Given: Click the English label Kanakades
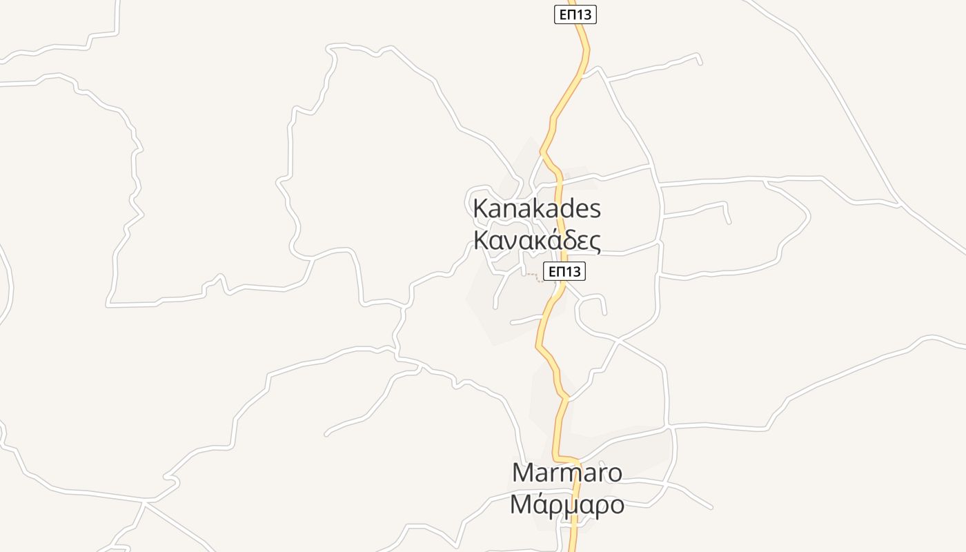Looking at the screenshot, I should coord(537,208).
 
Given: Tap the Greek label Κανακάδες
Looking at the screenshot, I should coord(537,240).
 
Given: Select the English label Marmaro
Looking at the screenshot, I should coord(567,473).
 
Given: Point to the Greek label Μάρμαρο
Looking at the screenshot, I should coord(567,505).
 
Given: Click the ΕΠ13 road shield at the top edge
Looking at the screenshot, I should coord(575,14).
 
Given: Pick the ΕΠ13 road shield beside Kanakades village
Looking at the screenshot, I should coord(564,272).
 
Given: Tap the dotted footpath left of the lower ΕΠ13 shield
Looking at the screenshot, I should coord(532,276).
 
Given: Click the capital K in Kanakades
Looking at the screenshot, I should coord(480,208).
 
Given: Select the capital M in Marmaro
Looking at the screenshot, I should coord(524,473).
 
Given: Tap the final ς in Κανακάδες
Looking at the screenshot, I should coord(594,243).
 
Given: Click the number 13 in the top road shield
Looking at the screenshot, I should coord(584,14).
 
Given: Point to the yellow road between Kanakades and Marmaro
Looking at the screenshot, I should coord(552,366).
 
